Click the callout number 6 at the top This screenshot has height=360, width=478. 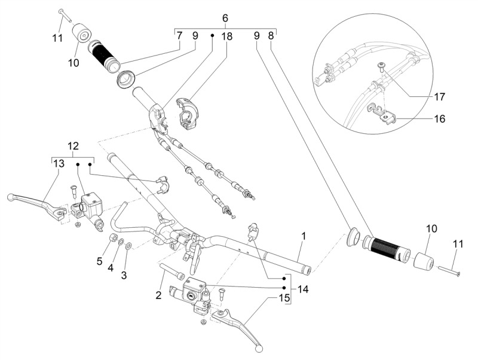click(225, 19)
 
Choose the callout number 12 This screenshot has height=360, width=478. click(72, 147)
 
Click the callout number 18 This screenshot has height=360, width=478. click(227, 36)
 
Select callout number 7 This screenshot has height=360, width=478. click(179, 36)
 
